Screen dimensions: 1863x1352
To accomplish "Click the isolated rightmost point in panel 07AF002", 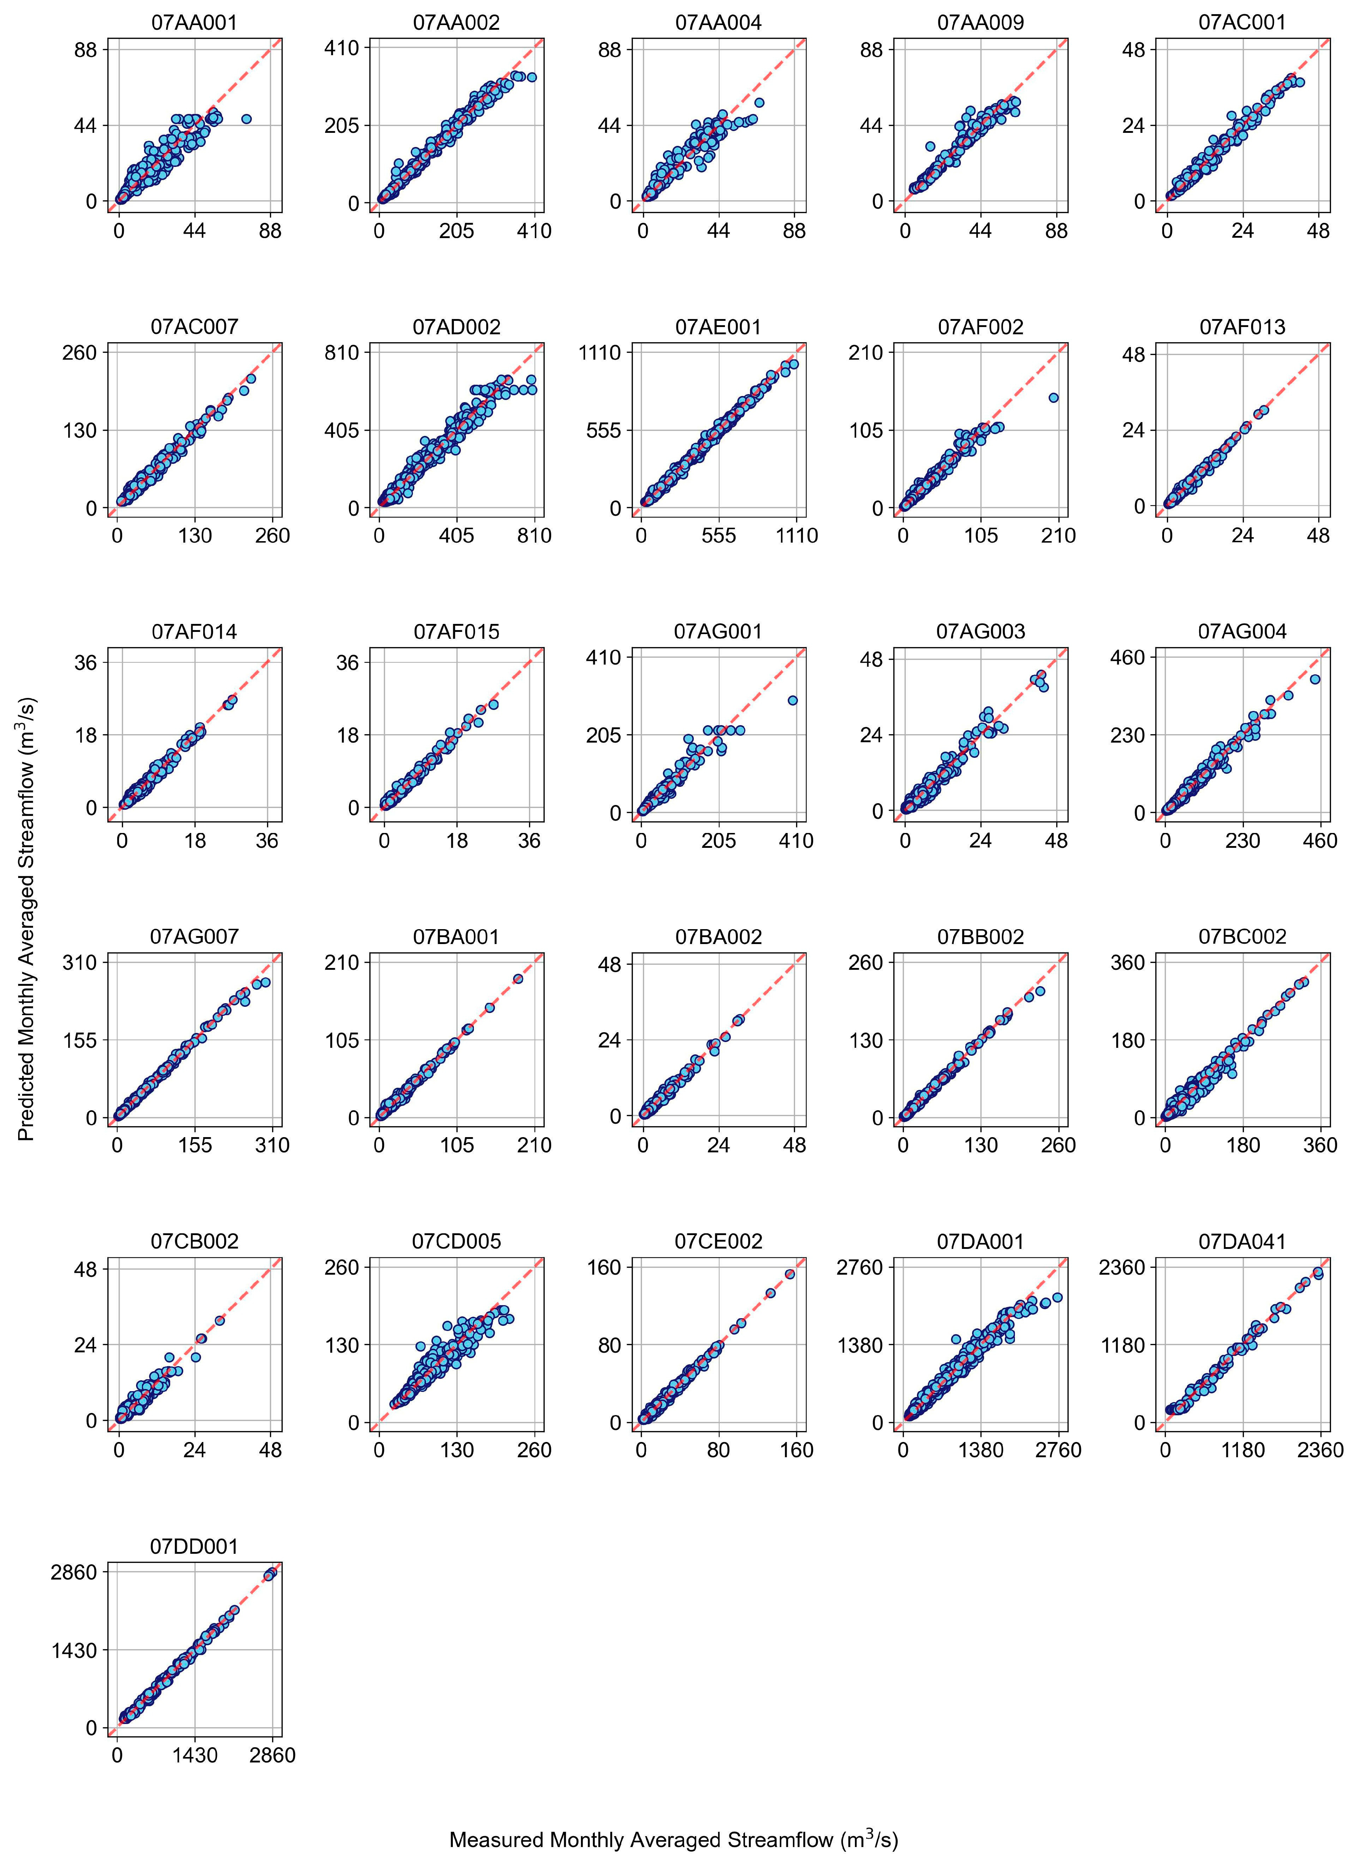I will coord(1053,397).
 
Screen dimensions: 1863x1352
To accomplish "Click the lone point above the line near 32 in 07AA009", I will coord(930,146).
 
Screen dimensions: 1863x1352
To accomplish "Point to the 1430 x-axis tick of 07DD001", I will coord(194,1756).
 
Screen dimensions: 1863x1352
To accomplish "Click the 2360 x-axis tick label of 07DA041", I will coord(1319,1450).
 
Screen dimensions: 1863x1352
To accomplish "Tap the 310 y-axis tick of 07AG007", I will coord(80,963).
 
